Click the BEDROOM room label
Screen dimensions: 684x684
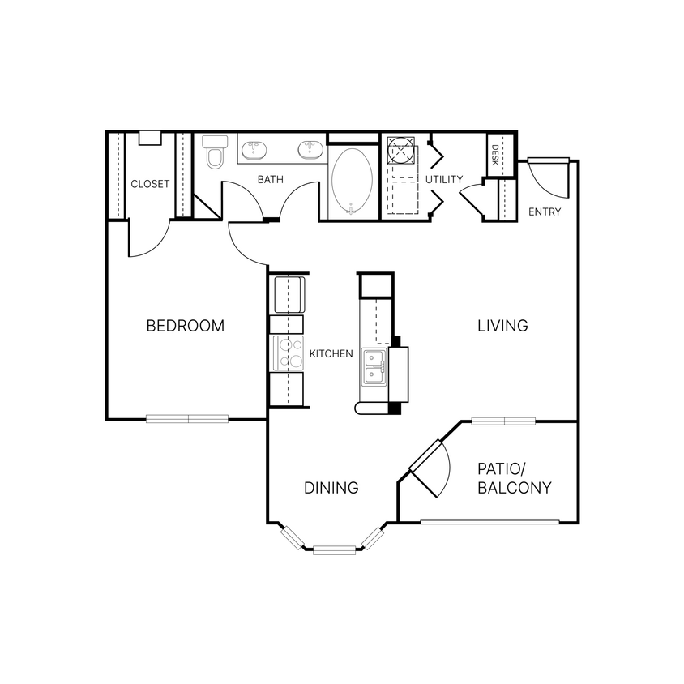point(185,326)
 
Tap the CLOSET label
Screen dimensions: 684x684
point(150,184)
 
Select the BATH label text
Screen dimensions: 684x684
point(270,179)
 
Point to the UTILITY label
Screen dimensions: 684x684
point(444,179)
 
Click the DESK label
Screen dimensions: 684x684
point(494,154)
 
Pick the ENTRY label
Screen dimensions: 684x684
point(544,212)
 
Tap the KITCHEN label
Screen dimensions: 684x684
point(331,353)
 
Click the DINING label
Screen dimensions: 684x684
point(331,488)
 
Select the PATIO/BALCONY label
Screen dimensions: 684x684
point(514,478)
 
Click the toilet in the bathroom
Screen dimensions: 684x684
point(215,153)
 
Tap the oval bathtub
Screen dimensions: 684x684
point(353,180)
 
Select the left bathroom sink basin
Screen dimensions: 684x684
point(254,150)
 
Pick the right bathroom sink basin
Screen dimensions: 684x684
point(308,150)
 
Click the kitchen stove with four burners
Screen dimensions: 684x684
point(286,353)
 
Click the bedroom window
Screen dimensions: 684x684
point(188,419)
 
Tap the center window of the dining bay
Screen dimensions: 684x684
point(334,551)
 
